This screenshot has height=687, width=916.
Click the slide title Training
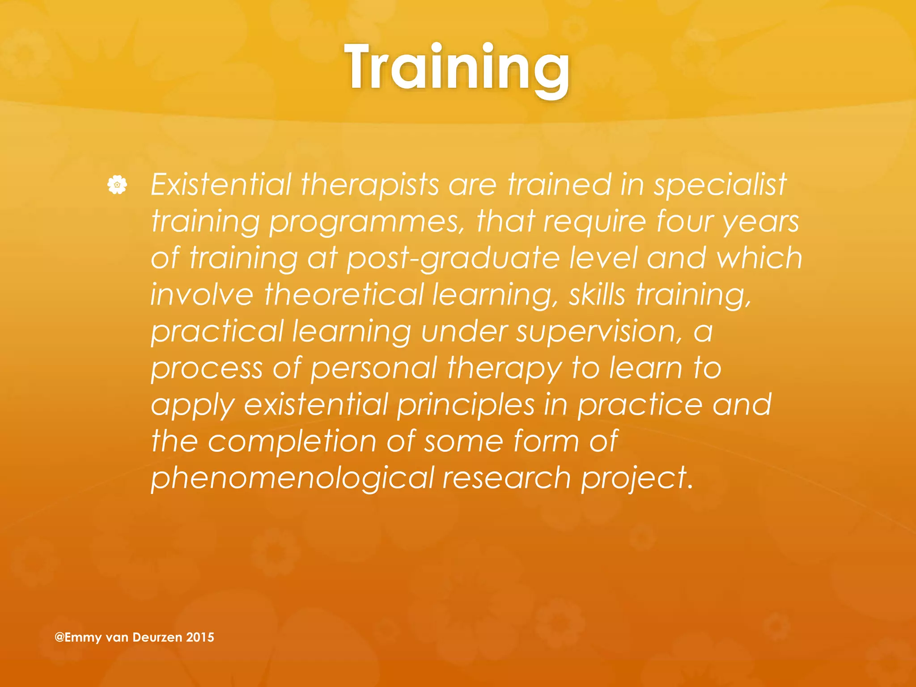tap(457, 68)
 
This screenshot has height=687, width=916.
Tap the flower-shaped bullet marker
tap(117, 185)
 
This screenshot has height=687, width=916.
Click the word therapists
tap(370, 184)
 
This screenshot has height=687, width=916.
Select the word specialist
tap(720, 184)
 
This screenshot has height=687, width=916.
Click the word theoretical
tap(343, 295)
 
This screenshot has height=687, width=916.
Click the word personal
tap(373, 368)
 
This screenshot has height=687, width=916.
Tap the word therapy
tap(504, 369)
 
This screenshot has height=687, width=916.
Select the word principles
tap(466, 405)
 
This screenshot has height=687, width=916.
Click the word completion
tap(293, 441)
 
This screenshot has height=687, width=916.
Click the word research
tap(507, 478)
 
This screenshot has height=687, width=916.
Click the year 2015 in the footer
tap(200, 637)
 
